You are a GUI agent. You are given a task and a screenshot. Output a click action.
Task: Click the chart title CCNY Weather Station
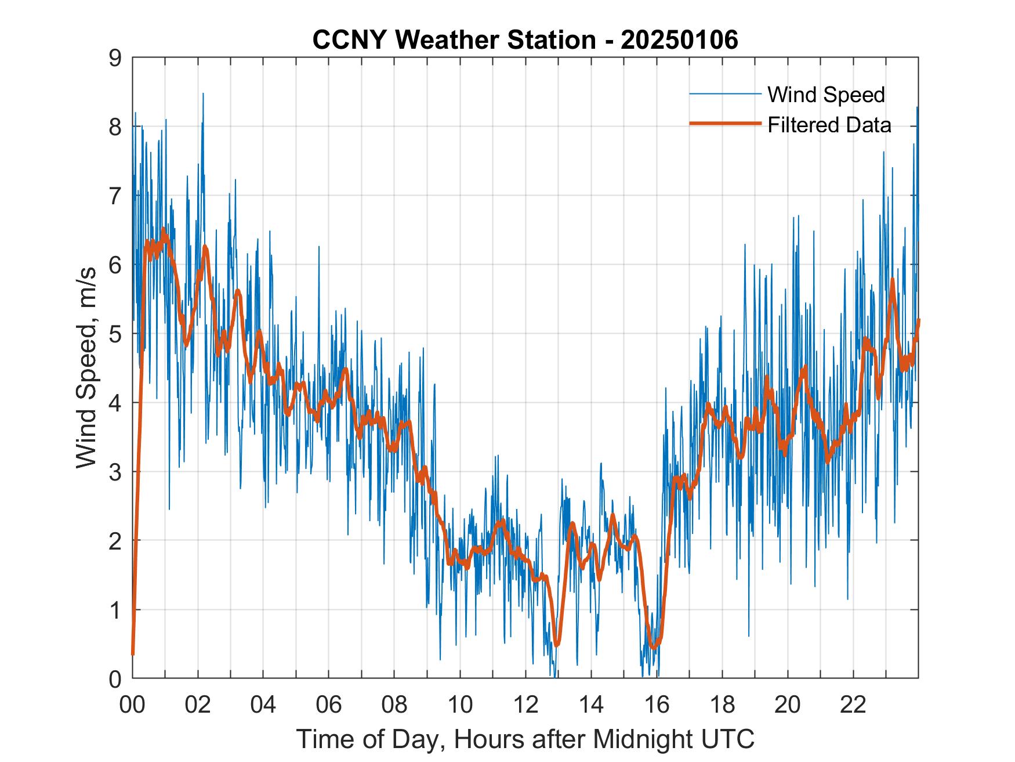click(454, 40)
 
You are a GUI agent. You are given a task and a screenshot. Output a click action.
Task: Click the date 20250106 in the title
click(679, 40)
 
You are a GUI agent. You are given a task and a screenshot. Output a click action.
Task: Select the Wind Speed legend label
click(826, 95)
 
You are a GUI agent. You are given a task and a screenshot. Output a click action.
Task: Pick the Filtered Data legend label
click(829, 125)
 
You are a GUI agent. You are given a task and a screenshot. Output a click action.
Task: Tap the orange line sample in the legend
click(724, 124)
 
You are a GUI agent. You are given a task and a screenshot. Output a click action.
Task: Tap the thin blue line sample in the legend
click(724, 94)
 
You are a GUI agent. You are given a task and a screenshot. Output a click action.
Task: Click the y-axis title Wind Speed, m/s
click(86, 368)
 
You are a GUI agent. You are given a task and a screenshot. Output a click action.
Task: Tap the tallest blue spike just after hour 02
click(203, 93)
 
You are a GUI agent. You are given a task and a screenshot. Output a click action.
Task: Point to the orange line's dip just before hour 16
click(654, 647)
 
